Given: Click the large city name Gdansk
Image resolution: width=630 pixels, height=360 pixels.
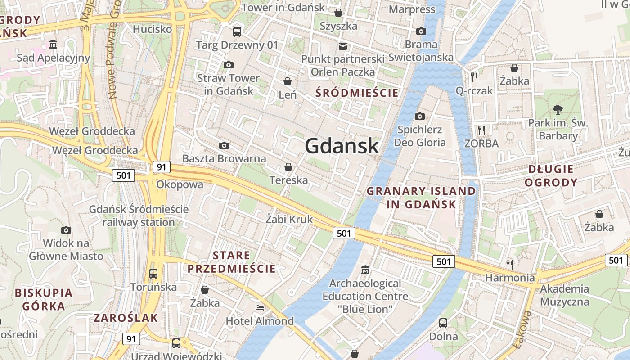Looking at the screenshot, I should (342, 146).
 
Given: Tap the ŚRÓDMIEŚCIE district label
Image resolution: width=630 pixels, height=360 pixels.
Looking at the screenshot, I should (357, 93).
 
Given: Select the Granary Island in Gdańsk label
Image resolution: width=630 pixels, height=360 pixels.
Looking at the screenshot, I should (421, 198).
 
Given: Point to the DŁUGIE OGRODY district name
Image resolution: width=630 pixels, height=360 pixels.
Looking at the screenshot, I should (551, 176).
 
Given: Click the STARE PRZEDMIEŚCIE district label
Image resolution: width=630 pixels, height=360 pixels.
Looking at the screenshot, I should (231, 262).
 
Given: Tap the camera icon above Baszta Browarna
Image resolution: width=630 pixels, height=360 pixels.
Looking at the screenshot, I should (224, 145).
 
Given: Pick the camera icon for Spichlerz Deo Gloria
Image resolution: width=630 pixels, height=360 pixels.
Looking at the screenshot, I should (419, 117).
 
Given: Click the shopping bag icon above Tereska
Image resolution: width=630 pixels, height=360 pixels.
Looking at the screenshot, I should (288, 167).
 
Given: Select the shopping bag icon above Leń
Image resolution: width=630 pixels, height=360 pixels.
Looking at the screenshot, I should (288, 81).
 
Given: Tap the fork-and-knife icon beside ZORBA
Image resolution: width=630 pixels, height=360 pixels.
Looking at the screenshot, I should (481, 130).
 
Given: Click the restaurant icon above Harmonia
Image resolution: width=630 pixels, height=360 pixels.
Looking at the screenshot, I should (509, 264).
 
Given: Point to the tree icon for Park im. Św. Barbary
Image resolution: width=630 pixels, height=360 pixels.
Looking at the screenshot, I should (558, 109).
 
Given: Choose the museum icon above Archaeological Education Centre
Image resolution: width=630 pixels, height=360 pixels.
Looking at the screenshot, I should (365, 270).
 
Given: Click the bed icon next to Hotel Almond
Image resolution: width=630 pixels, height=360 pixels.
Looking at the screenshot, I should (260, 308).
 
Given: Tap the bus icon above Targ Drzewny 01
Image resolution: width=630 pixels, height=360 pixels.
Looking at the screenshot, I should (237, 31).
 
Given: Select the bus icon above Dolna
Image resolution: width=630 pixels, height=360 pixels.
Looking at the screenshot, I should (443, 323).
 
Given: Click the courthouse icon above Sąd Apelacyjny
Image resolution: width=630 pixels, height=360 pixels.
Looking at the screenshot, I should (54, 44).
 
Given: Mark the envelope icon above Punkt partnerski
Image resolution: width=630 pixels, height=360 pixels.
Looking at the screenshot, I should (343, 46).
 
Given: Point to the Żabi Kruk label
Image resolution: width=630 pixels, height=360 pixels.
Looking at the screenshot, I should (289, 220).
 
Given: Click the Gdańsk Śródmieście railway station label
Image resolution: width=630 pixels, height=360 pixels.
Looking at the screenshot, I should (139, 216).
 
